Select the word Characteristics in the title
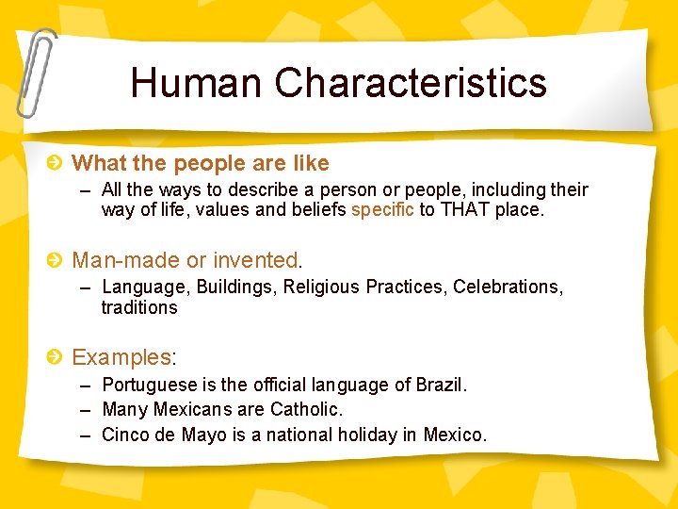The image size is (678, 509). [x=411, y=83]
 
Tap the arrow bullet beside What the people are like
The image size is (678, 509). [x=56, y=164]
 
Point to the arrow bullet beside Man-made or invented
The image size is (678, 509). [x=56, y=260]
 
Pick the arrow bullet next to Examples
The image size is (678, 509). [x=56, y=357]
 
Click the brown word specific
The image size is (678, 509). [x=382, y=210]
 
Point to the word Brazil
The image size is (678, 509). [x=440, y=385]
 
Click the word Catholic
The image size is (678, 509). [x=306, y=410]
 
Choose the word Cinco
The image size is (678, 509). [x=125, y=435]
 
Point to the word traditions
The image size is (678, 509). [x=139, y=308]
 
